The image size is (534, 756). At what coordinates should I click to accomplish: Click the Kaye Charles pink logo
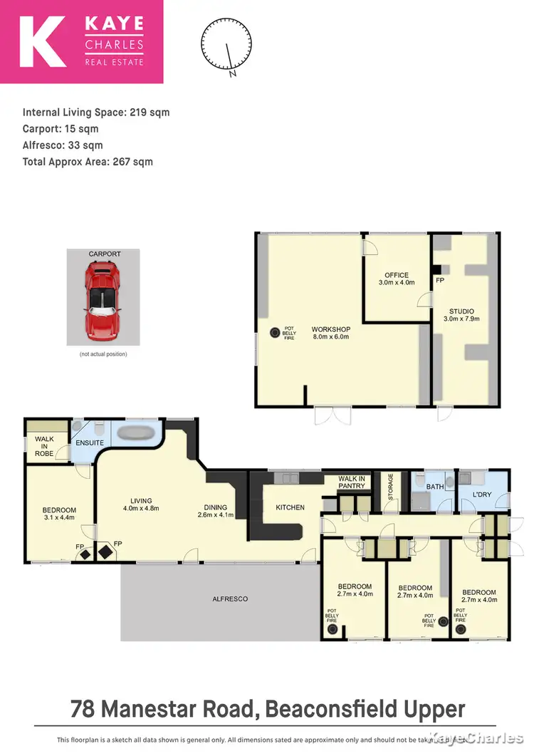point(81,41)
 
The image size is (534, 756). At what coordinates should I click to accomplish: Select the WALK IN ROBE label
point(44,446)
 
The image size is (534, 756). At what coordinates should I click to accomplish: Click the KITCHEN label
point(290,507)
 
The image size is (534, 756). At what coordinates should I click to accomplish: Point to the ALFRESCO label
point(230,599)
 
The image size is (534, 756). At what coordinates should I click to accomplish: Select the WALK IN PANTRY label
point(352,482)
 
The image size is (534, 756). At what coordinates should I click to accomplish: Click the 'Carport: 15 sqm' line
point(61,129)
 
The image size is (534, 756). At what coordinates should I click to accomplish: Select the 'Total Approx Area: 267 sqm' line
point(88,162)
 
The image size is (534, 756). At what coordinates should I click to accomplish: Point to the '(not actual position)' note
point(103,354)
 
